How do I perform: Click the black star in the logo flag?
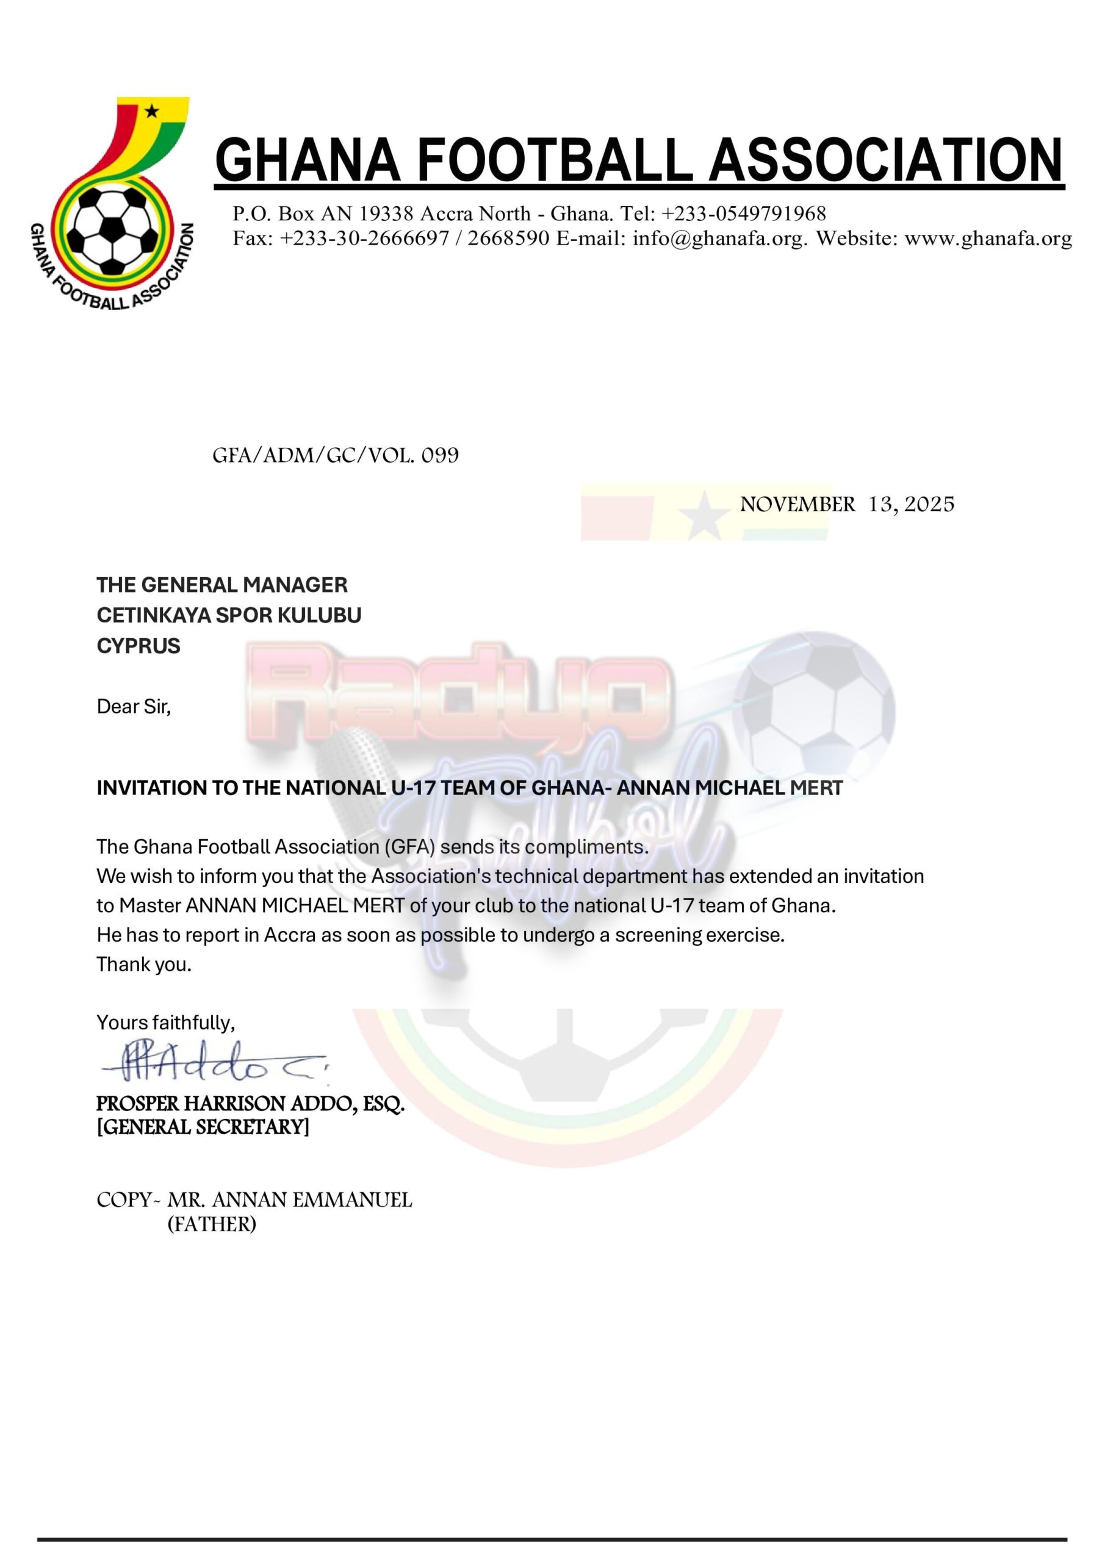click(152, 110)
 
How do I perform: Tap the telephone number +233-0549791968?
click(744, 214)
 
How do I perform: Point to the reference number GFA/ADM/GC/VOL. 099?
click(336, 455)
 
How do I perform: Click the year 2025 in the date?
click(929, 504)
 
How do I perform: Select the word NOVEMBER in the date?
click(797, 505)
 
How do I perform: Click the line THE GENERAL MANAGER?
click(222, 585)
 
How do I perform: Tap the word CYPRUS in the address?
click(138, 646)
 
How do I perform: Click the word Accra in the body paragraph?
click(290, 935)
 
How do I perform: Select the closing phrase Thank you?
click(143, 964)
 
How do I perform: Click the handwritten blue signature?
click(211, 1063)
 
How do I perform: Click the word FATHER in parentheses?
click(212, 1225)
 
